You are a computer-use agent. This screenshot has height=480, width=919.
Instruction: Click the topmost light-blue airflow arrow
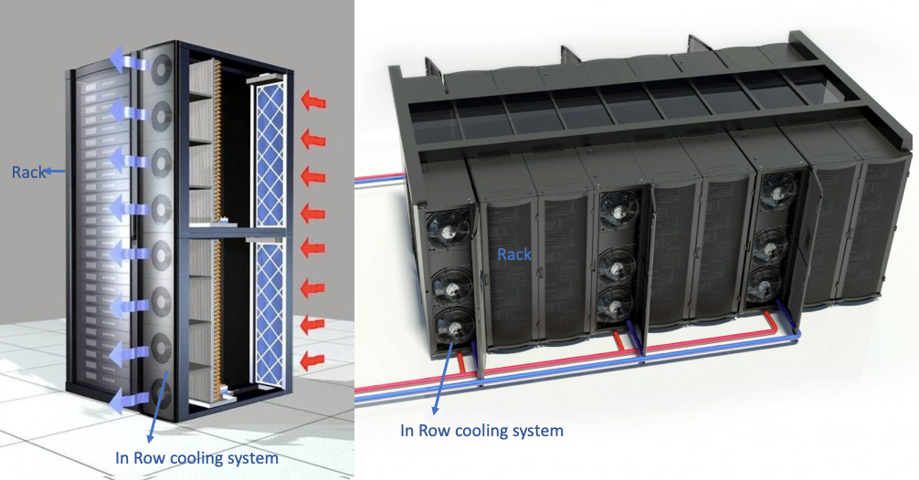click(128, 61)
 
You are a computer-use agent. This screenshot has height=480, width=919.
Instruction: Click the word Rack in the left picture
click(28, 171)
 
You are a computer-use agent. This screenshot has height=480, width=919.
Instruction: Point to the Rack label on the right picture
click(514, 255)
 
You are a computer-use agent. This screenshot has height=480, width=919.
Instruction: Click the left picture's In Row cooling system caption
click(196, 458)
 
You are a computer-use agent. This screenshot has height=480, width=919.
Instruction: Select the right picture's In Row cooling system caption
click(481, 429)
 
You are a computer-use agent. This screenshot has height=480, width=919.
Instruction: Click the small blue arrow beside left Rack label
click(57, 171)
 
